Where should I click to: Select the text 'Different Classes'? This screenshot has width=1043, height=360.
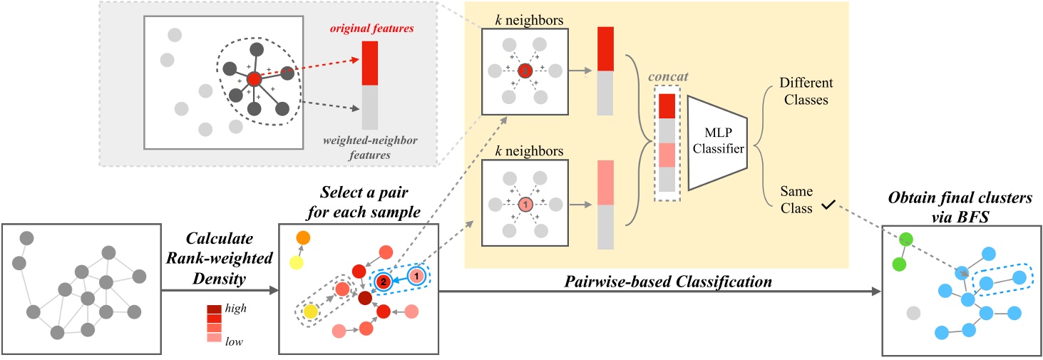pos(803,92)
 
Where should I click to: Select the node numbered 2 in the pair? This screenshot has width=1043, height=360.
pos(383,282)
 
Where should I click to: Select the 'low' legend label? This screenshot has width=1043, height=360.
pos(235,341)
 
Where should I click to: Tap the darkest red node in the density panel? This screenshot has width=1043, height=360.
pos(366,297)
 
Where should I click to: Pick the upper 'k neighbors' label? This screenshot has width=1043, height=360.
pos(524,15)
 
